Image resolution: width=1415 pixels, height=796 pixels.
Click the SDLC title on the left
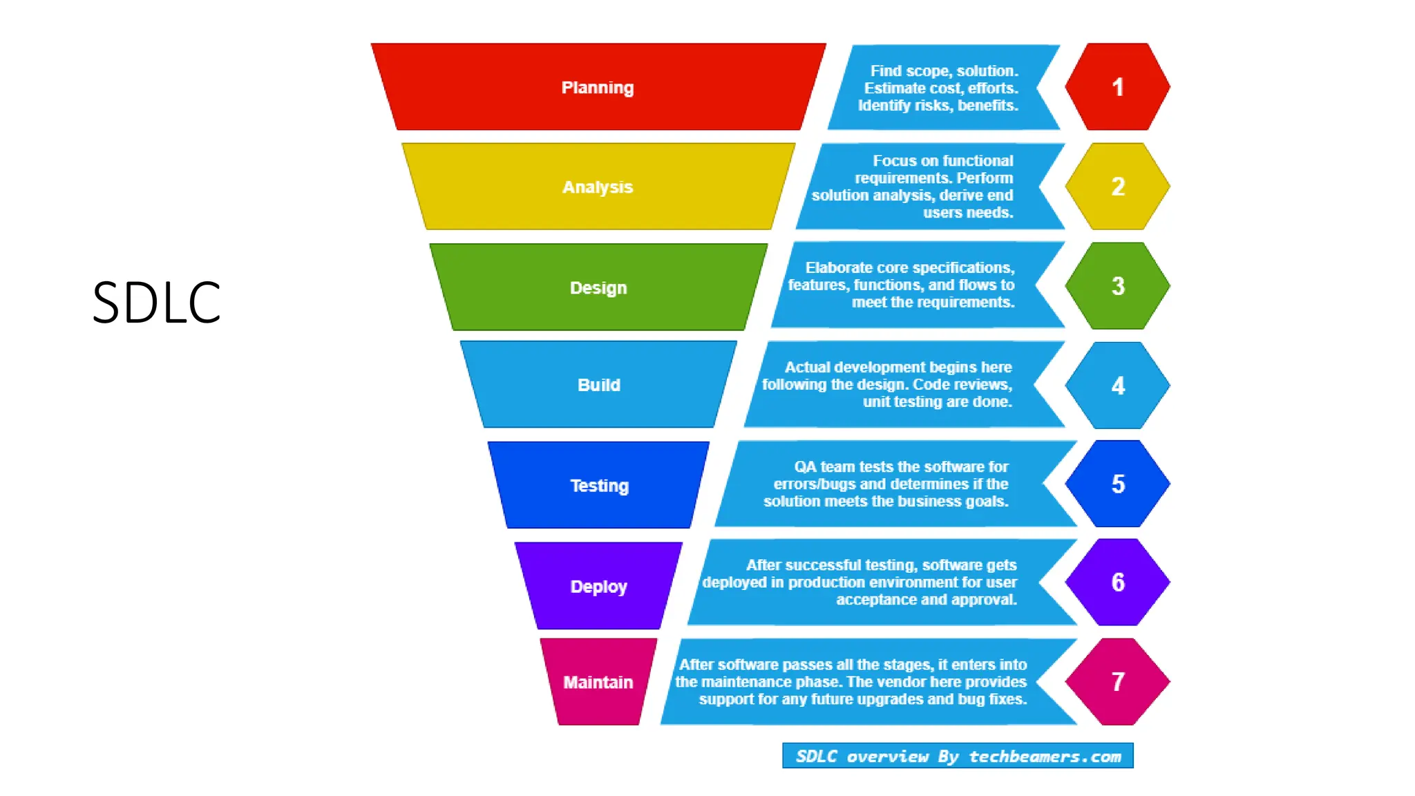point(156,302)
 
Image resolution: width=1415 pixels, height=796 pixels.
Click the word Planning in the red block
point(598,88)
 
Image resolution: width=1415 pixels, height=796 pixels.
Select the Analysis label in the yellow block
point(598,187)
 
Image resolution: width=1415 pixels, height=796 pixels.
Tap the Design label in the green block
point(598,287)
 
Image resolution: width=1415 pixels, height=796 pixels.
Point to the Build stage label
point(599,385)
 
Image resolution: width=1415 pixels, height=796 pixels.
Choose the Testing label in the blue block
point(600,486)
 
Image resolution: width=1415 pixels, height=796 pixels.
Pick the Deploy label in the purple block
point(599,587)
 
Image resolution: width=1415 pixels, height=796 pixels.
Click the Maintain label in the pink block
point(598,683)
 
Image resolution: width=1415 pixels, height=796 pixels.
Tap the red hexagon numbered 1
point(1117,87)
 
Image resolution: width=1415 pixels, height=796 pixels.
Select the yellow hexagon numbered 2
point(1117,187)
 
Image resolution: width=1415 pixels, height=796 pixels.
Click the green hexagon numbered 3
point(1117,286)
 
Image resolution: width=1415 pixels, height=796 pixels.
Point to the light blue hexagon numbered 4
point(1117,386)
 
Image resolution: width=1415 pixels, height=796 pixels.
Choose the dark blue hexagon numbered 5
point(1117,484)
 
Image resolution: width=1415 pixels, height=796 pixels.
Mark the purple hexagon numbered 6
point(1117,582)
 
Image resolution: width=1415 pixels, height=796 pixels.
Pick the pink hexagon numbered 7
point(1117,682)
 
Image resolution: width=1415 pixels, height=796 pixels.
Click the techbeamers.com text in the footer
point(1045,757)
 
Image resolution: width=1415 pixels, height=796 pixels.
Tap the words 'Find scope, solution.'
point(944,71)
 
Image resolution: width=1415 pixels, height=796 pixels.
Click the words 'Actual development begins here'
point(898,368)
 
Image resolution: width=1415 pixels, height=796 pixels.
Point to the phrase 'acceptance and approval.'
point(927,600)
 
